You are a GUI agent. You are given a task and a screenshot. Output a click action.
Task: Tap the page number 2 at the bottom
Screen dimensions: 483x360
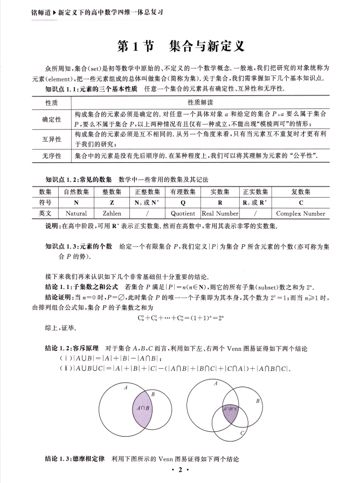click(x=180, y=471)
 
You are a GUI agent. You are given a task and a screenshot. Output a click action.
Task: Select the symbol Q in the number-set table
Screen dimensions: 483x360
click(x=183, y=202)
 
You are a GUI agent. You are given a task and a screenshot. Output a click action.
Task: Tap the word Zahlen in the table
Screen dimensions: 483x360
click(x=112, y=213)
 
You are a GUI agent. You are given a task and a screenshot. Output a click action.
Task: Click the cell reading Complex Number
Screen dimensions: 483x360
click(x=300, y=213)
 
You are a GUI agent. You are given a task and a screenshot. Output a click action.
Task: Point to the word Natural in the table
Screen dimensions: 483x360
click(x=76, y=213)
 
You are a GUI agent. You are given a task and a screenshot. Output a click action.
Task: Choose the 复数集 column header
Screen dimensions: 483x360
click(x=300, y=191)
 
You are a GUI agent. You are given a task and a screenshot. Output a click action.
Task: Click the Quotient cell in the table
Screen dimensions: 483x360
click(x=183, y=213)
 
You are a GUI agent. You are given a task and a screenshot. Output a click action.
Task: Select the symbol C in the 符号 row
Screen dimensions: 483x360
click(x=300, y=202)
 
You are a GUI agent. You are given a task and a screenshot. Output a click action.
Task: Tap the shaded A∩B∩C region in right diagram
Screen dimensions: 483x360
click(x=230, y=409)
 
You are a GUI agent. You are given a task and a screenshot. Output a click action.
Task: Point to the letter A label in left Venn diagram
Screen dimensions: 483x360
click(x=126, y=387)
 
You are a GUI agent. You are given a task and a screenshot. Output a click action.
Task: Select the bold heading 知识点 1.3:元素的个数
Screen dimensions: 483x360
click(x=79, y=246)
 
